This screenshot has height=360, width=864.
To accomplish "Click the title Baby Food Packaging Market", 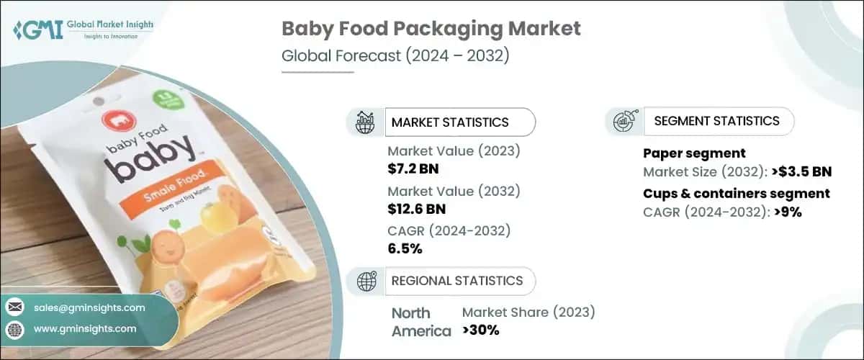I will coord(431,30).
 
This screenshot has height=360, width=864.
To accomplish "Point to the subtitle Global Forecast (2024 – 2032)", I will coord(395,56).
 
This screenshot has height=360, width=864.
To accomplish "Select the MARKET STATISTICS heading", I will coord(449,122).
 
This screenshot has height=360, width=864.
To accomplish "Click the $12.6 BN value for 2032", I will coord(416,210).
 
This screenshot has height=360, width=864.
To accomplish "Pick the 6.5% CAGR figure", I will coord(405,249).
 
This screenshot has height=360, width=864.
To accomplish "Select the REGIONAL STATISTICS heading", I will coord(456,281).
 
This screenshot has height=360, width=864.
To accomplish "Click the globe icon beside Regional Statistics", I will coord(367,281).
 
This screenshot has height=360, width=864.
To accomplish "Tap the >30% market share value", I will coord(480,330).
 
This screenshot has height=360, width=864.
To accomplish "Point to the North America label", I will coord(421,322).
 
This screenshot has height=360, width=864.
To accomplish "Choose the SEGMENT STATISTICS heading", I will coord(716,121).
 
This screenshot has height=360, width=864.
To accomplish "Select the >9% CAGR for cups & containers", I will coord(786,212).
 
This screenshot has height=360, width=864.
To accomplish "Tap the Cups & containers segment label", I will coord(736,193).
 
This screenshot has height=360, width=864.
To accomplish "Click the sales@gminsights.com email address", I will coord(89,307).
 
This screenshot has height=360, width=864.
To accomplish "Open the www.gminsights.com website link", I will coord(85,328).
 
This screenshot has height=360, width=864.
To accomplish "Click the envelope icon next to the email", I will coord(14,307).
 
